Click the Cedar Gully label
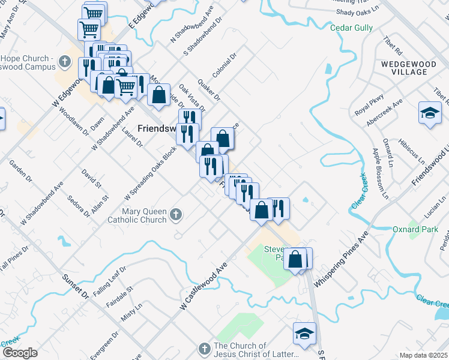[x=352, y=28]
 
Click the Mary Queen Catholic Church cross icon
[x=175, y=214]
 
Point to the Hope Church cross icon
[x=66, y=62]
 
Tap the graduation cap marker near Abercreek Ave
[x=430, y=113]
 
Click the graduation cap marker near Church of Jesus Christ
[x=304, y=334]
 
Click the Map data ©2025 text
[x=423, y=355]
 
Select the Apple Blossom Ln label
[x=380, y=173]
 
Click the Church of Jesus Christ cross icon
[x=204, y=349]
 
